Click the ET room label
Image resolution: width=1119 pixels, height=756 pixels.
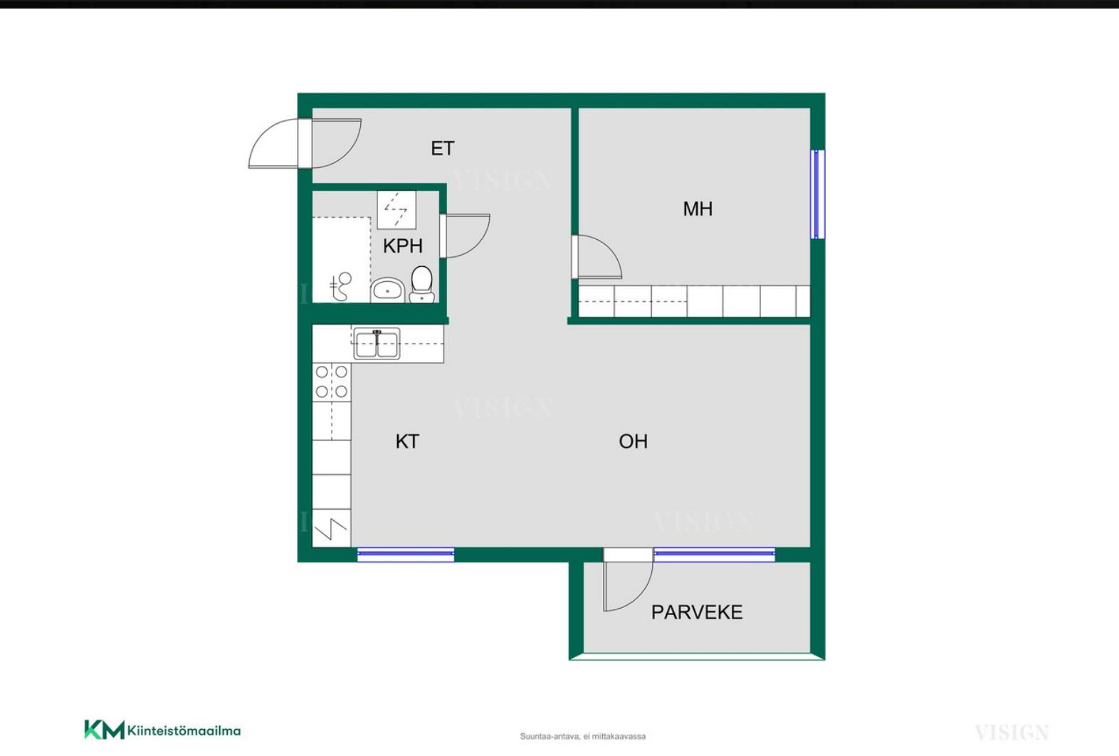(443, 148)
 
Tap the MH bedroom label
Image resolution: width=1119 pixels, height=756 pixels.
(698, 209)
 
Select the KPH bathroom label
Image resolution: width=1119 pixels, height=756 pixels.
(403, 246)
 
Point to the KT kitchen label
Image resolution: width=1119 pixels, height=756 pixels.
(407, 441)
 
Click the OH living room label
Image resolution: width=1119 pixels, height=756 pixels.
(633, 441)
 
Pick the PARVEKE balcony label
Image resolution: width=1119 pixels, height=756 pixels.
(697, 612)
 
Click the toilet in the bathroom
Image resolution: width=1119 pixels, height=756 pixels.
(422, 284)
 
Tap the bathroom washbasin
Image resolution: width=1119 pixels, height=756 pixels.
(388, 290)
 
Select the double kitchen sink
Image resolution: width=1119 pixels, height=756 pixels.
(377, 344)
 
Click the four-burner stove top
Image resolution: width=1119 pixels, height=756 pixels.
(332, 382)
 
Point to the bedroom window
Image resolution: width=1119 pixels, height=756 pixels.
(817, 194)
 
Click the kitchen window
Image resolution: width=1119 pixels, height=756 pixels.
(406, 555)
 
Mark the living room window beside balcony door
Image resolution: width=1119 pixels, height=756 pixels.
(715, 555)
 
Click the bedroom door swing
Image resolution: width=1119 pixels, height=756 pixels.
(597, 256)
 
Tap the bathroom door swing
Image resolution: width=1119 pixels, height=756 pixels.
(465, 236)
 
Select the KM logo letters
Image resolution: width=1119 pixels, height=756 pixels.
(105, 730)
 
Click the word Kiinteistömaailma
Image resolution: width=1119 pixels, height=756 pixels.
(184, 731)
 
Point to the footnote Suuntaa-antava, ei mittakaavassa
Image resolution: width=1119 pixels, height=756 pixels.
(582, 736)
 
